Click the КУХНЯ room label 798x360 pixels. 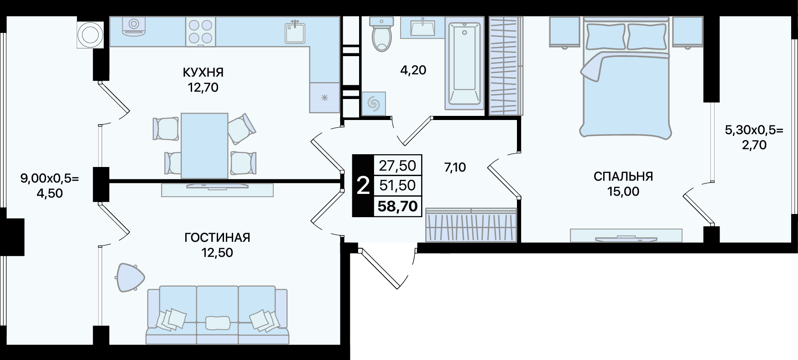pyautogui.click(x=203, y=72)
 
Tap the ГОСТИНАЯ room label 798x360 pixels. pyautogui.click(x=217, y=238)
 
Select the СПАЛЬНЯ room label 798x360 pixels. pyautogui.click(x=623, y=177)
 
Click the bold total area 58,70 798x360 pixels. pyautogui.click(x=397, y=206)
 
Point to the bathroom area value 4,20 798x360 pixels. pyautogui.click(x=413, y=70)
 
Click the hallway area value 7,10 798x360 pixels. pyautogui.click(x=455, y=167)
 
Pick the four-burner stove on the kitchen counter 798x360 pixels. pyautogui.click(x=201, y=31)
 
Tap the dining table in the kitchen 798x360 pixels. pyautogui.click(x=204, y=146)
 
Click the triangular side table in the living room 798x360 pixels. pyautogui.click(x=130, y=277)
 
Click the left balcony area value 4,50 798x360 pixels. pyautogui.click(x=49, y=193)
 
